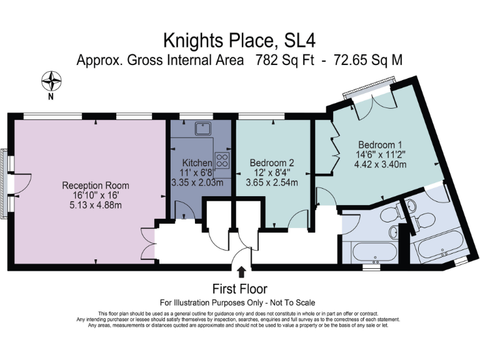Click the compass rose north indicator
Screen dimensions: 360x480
coord(52,81)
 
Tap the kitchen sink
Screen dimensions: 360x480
coord(202,129)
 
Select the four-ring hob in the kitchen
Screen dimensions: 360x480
coord(222,159)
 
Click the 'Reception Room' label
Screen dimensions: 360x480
coord(96,186)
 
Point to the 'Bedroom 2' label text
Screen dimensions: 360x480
coord(272,162)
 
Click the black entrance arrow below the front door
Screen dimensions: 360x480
coord(241,270)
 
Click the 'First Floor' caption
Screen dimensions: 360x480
coord(240,289)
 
